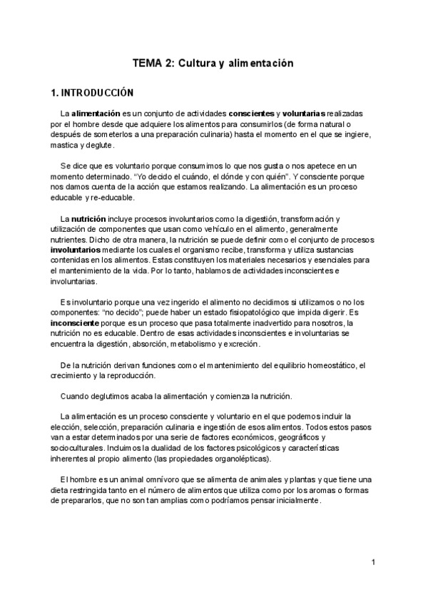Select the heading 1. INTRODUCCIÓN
(93, 93)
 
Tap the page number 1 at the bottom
(373, 563)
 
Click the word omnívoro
(136, 479)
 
